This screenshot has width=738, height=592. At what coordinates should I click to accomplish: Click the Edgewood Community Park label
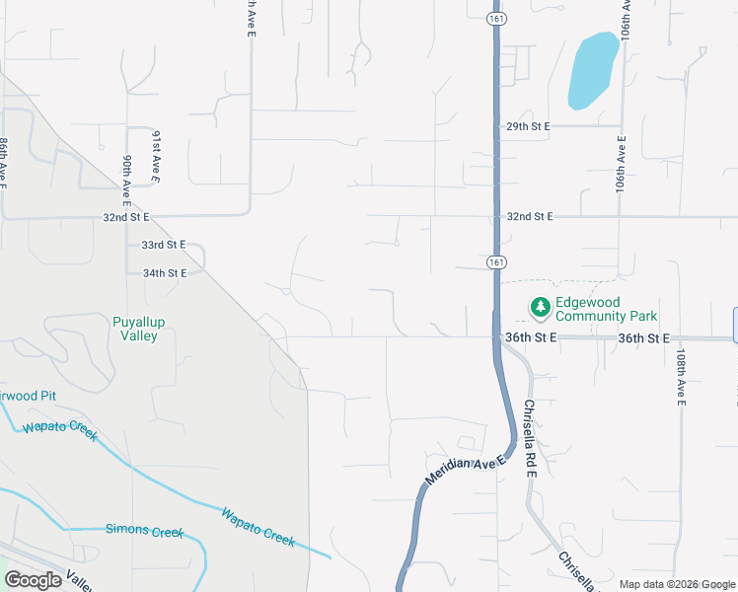pyautogui.click(x=607, y=310)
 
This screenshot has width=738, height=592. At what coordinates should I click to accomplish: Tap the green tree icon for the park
pyautogui.click(x=540, y=308)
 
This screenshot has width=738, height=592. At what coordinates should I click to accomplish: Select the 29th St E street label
pyautogui.click(x=528, y=127)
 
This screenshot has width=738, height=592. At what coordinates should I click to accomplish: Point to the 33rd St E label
pyautogui.click(x=163, y=245)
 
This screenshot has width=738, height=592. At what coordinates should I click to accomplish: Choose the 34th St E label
pyautogui.click(x=164, y=273)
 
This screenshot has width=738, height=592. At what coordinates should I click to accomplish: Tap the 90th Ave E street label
pyautogui.click(x=127, y=178)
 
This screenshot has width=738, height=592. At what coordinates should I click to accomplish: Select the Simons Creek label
pyautogui.click(x=144, y=531)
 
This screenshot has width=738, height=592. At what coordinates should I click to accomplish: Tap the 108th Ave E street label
pyautogui.click(x=681, y=376)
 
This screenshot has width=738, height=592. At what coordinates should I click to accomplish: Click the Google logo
pyautogui.click(x=33, y=580)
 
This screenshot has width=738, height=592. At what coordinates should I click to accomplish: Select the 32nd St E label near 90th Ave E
pyautogui.click(x=125, y=217)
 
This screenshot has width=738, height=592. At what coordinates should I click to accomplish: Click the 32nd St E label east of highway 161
pyautogui.click(x=531, y=217)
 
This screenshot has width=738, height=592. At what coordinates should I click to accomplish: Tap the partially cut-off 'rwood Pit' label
pyautogui.click(x=27, y=396)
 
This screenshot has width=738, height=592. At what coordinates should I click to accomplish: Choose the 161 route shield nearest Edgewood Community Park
pyautogui.click(x=495, y=262)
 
